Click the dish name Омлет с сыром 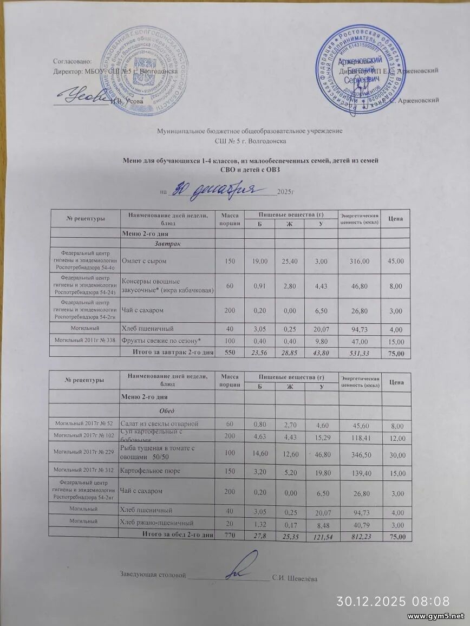(144, 261)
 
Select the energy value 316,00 (359, 261)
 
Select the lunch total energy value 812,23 (359, 536)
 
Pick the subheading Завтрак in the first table (167, 245)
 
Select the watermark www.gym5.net (436, 616)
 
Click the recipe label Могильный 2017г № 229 (84, 452)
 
